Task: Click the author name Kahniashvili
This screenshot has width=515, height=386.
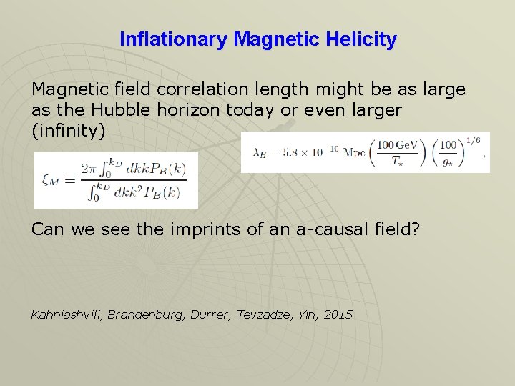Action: [x=67, y=315]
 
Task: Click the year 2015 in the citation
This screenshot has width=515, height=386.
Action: [x=338, y=315]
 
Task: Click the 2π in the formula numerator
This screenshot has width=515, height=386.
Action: [x=88, y=169]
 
